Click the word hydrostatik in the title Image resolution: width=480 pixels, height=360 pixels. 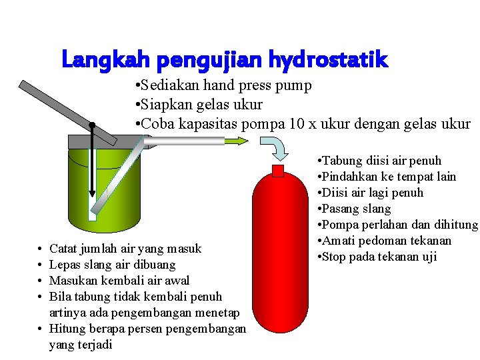point(327,61)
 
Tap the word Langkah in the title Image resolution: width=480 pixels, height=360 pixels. point(106,61)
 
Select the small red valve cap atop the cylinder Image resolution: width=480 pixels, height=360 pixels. point(278,170)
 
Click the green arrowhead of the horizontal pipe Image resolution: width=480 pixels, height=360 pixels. point(238,140)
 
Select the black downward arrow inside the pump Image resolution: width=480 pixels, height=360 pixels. point(92,173)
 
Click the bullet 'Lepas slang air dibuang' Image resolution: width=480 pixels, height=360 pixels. point(113,265)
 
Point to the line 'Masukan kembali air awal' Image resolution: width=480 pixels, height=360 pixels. point(119,281)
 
